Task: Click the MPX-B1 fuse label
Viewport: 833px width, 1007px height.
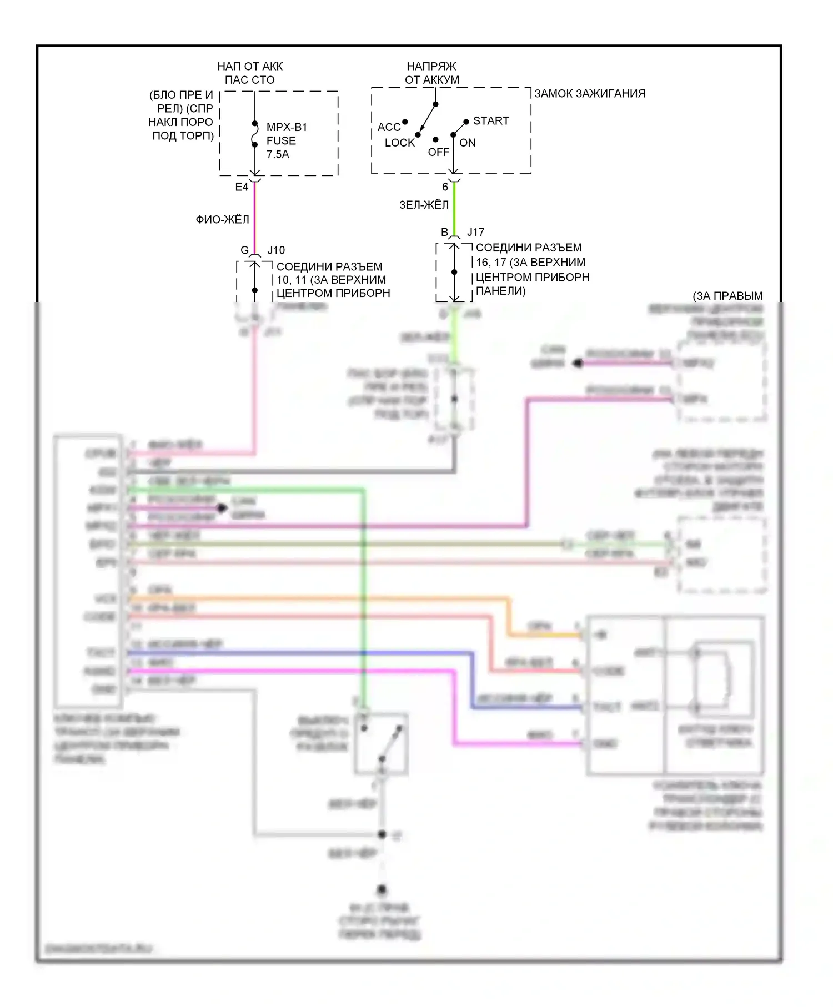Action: click(287, 127)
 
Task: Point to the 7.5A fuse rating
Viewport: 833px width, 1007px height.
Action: click(278, 154)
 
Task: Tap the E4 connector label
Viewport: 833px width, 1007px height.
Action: click(242, 187)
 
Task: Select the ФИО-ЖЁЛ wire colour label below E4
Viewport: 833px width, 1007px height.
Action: click(222, 220)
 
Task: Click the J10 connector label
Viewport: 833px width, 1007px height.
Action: click(276, 250)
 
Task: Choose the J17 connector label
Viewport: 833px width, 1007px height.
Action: click(475, 232)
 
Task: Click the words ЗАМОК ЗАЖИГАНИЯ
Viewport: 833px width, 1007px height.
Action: click(590, 93)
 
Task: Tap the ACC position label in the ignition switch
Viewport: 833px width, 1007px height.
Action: click(389, 127)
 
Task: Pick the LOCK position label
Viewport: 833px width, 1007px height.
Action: click(400, 143)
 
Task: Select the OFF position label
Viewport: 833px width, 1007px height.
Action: click(438, 152)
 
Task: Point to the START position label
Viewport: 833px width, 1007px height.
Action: click(491, 120)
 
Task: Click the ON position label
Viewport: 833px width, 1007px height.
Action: click(468, 143)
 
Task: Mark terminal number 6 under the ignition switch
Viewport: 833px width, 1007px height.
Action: click(445, 187)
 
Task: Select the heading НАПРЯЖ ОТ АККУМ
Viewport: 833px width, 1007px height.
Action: click(432, 73)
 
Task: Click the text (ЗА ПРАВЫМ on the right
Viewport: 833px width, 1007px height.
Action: click(727, 296)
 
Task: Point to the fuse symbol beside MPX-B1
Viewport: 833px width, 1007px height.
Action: click(255, 134)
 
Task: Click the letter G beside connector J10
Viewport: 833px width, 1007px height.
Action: click(244, 250)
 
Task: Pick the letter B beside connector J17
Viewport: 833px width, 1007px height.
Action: click(444, 232)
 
